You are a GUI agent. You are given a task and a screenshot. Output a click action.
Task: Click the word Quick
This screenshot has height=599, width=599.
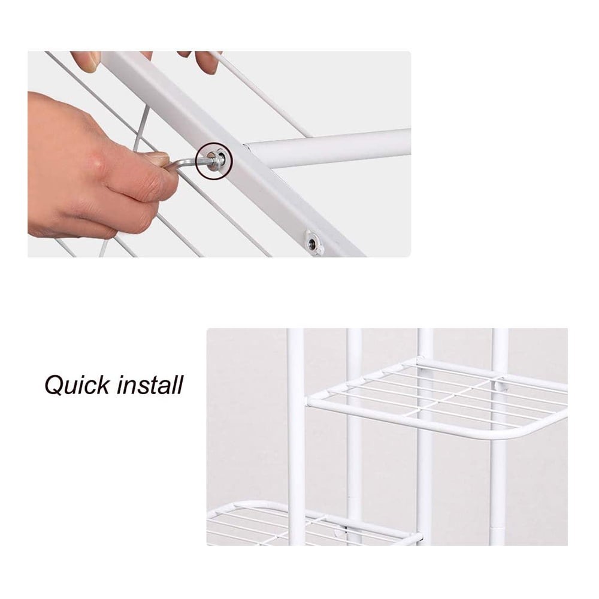tap(76, 385)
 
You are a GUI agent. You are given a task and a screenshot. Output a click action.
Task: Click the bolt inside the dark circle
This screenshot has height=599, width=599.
tap(214, 159)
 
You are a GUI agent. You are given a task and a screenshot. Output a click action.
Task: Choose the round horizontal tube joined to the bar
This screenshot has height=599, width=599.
tap(329, 148)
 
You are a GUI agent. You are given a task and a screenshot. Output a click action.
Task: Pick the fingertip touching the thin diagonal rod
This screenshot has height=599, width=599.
tap(207, 61)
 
